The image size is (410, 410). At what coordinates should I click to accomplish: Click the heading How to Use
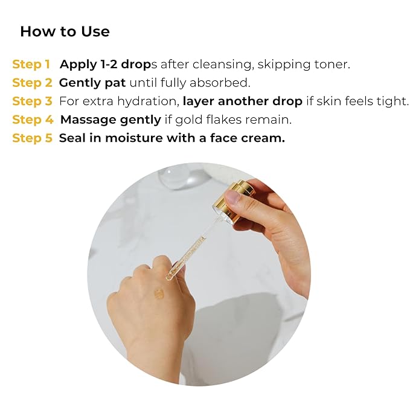(65, 31)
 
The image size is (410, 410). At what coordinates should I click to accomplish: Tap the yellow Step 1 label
(31, 65)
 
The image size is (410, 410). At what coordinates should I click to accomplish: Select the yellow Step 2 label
(33, 83)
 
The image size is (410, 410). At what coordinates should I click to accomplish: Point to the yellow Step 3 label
(33, 101)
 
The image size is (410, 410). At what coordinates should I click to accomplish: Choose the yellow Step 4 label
(33, 120)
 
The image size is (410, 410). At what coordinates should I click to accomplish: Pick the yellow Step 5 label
(33, 138)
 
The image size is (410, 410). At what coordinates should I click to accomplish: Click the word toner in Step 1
(332, 65)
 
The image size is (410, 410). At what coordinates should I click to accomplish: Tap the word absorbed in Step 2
(220, 83)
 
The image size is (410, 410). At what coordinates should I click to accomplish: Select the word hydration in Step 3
(149, 101)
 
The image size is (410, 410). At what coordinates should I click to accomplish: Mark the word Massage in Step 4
(88, 120)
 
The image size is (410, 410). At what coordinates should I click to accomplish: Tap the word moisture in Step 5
(134, 138)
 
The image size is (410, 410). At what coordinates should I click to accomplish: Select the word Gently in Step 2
(80, 83)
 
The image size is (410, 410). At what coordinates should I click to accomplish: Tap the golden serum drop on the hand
(159, 294)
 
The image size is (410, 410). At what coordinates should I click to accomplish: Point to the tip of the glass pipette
(168, 278)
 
